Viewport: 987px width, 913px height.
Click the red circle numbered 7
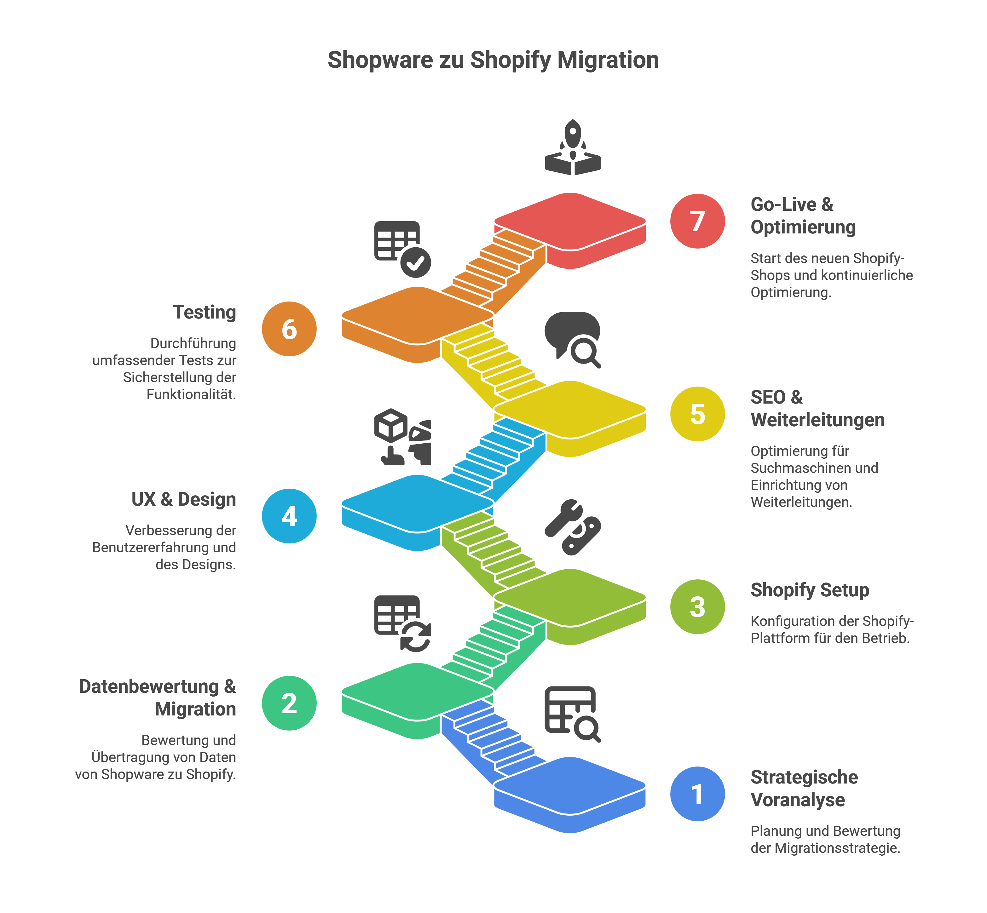pyautogui.click(x=697, y=221)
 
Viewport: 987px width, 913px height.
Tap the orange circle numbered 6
pyautogui.click(x=289, y=329)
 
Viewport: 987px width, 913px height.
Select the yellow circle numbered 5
pyautogui.click(x=697, y=414)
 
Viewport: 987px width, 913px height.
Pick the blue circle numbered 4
pyautogui.click(x=289, y=516)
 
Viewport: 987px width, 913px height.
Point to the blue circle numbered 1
pyautogui.click(x=697, y=794)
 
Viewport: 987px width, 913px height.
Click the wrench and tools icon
pyautogui.click(x=572, y=527)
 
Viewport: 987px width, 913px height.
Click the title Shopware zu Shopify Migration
pyautogui.click(x=493, y=60)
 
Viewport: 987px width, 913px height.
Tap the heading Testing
pyautogui.click(x=204, y=312)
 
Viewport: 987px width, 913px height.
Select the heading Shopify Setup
pyautogui.click(x=810, y=590)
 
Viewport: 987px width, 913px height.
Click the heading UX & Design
pyautogui.click(x=183, y=499)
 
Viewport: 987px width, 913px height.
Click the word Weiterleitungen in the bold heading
pyautogui.click(x=817, y=420)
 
